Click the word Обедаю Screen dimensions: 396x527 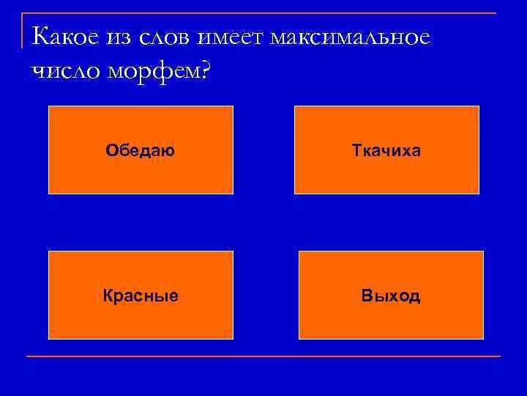pos(140,151)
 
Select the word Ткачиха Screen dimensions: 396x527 pos(386,151)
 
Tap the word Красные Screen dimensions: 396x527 pos(141,296)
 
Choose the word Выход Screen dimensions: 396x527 pos(391,296)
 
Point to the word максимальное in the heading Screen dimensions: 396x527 pos(349,36)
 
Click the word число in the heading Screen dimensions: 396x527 pos(61,71)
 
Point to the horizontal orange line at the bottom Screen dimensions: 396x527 pos(263,356)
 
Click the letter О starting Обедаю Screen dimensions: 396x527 pos(111,151)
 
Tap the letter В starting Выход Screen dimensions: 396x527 pos(365,296)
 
